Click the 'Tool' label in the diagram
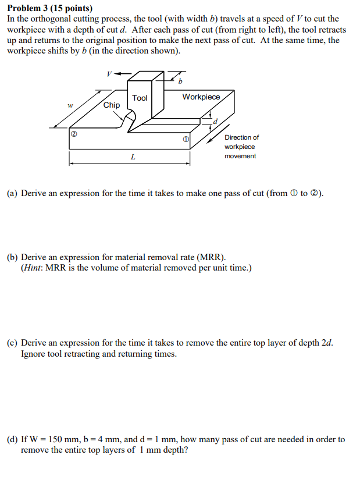(x=140, y=98)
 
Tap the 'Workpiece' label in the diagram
(x=201, y=97)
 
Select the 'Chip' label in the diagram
(x=112, y=105)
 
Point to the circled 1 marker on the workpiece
(x=186, y=140)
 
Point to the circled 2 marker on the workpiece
(x=74, y=134)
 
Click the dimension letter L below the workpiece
(x=133, y=157)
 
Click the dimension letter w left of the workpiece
(x=70, y=105)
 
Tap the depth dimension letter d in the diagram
(x=215, y=122)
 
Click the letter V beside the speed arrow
(x=108, y=74)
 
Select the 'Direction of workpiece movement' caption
(x=241, y=147)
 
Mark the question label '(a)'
(x=13, y=193)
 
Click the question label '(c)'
(x=13, y=343)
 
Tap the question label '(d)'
(x=13, y=439)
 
